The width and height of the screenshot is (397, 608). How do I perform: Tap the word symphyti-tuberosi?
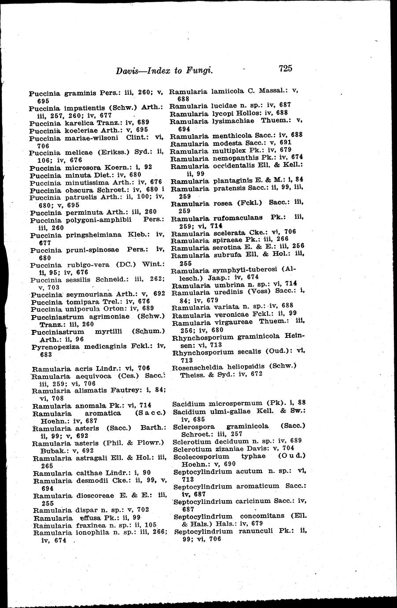click(x=244, y=270)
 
